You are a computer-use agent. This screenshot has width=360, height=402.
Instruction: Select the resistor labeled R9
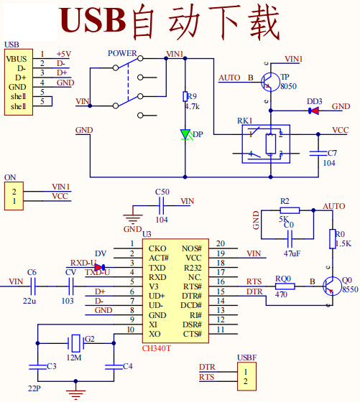pyautogui.click(x=185, y=96)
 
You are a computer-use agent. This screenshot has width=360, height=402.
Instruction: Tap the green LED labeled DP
pyautogui.click(x=185, y=134)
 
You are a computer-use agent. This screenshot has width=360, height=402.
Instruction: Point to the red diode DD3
pyautogui.click(x=314, y=111)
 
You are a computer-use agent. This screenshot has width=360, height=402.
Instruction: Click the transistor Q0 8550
pyautogui.click(x=331, y=286)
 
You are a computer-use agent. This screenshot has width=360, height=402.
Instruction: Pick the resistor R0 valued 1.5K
pyautogui.click(x=332, y=239)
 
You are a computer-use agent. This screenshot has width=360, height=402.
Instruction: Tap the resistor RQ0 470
pyautogui.click(x=285, y=286)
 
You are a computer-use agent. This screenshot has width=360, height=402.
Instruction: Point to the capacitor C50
pyautogui.click(x=162, y=205)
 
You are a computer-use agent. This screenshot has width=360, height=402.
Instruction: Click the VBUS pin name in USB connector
pyautogui.click(x=17, y=58)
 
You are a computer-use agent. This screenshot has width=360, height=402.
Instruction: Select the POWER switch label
pyautogui.click(x=122, y=53)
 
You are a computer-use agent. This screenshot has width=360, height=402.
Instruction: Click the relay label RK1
pyautogui.click(x=245, y=120)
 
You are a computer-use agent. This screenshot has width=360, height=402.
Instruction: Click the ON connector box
pyautogui.click(x=13, y=195)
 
